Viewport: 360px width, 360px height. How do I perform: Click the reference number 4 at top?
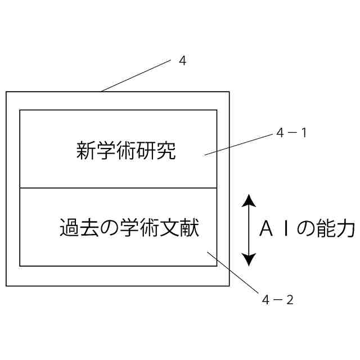point(182,61)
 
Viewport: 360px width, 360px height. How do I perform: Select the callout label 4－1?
point(291,134)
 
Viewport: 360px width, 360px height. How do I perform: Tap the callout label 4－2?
point(277,300)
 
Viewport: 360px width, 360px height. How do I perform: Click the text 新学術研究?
point(126,151)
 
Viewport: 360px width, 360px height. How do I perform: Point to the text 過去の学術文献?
point(129,228)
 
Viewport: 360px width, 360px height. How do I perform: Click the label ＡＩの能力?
point(307,229)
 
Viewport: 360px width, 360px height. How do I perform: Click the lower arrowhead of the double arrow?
point(249,259)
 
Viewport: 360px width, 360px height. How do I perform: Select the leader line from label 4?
point(135,76)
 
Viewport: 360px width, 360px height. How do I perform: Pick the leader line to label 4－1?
point(239,144)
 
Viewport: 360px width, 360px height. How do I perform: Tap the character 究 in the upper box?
point(166,151)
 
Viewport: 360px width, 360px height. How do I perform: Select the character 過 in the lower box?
point(69,228)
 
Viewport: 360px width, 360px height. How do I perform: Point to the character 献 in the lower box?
point(190,228)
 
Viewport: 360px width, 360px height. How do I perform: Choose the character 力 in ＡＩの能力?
point(346,229)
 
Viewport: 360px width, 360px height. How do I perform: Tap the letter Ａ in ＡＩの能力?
point(266,229)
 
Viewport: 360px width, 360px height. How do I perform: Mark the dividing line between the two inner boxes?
point(118,188)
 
